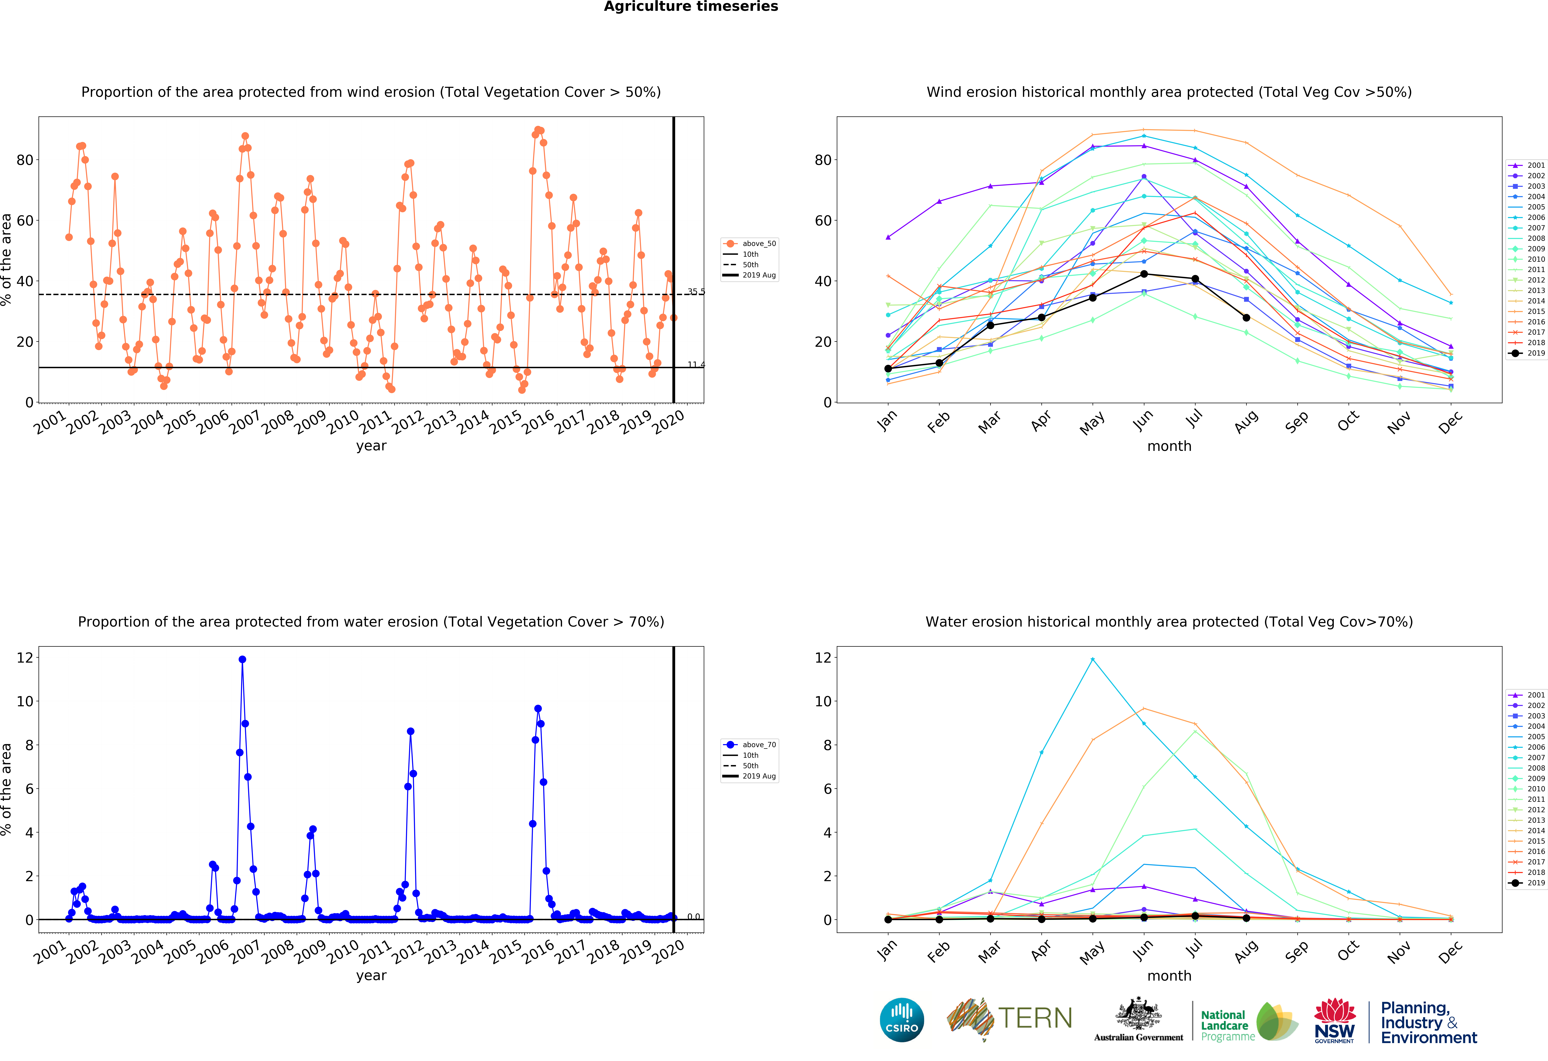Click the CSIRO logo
pos(902,1020)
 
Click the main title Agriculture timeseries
pos(691,7)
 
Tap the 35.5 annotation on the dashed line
pos(696,292)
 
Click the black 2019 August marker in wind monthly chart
pos(1246,318)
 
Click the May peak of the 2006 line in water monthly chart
pos(1092,659)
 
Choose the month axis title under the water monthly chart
pos(1169,976)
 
